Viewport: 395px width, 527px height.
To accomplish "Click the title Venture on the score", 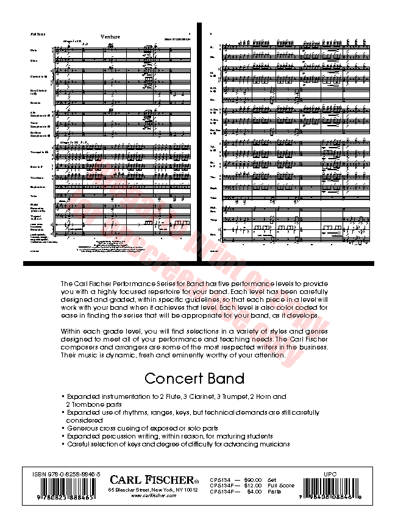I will pos(111,37).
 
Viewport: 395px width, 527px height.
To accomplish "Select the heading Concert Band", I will pos(194,378).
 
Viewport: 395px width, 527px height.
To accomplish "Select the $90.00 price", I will pos(252,480).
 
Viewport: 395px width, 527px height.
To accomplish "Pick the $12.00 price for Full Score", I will pos(252,486).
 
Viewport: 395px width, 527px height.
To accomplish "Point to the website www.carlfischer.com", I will pos(154,496).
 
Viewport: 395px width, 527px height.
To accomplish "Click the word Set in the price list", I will pos(271,480).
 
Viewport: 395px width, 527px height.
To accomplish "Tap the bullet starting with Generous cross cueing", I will pos(143,428).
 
